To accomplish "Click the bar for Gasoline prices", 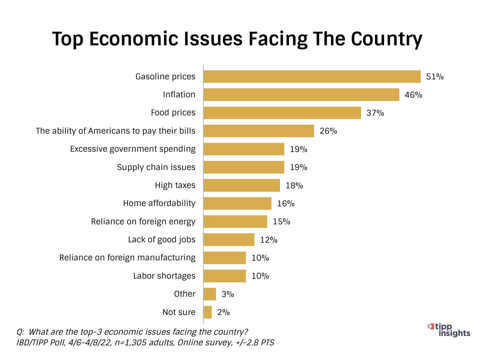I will pos(312,77).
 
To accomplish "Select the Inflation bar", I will pos(301,95).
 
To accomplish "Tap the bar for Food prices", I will pos(282,113).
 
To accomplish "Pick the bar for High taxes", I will pos(242,185).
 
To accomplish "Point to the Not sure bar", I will pos(208,312).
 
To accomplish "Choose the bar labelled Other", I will pos(210,294).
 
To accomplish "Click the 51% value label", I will pos(435,77).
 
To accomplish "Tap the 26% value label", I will pos(328,131).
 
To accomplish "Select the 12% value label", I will pos(269,240).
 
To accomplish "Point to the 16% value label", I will pos(286,203).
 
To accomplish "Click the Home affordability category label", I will pos(159,203).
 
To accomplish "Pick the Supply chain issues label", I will pos(156,167).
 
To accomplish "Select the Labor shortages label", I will pos(164,276).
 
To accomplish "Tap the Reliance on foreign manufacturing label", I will pos(127,258).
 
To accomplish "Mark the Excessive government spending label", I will pos(133,149).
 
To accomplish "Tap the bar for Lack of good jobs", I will pos(229,240).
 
